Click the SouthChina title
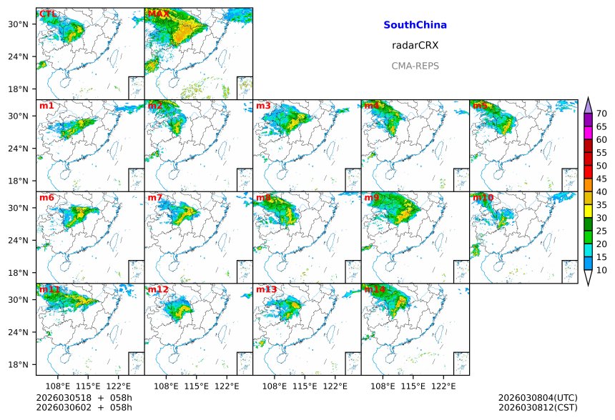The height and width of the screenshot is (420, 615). click(415, 25)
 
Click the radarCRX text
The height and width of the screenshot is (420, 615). click(415, 45)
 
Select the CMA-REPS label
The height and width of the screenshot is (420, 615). click(415, 66)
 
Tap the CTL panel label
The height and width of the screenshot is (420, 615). click(49, 14)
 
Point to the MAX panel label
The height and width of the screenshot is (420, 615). click(159, 14)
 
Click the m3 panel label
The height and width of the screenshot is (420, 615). click(263, 106)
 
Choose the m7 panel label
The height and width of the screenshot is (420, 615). click(155, 197)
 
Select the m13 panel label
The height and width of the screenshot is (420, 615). click(266, 289)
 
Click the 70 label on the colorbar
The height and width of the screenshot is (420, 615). click(602, 114)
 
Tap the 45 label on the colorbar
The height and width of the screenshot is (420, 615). click(602, 179)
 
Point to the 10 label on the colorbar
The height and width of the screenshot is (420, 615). click(602, 270)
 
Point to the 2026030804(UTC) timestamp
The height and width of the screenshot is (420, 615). click(537, 398)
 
